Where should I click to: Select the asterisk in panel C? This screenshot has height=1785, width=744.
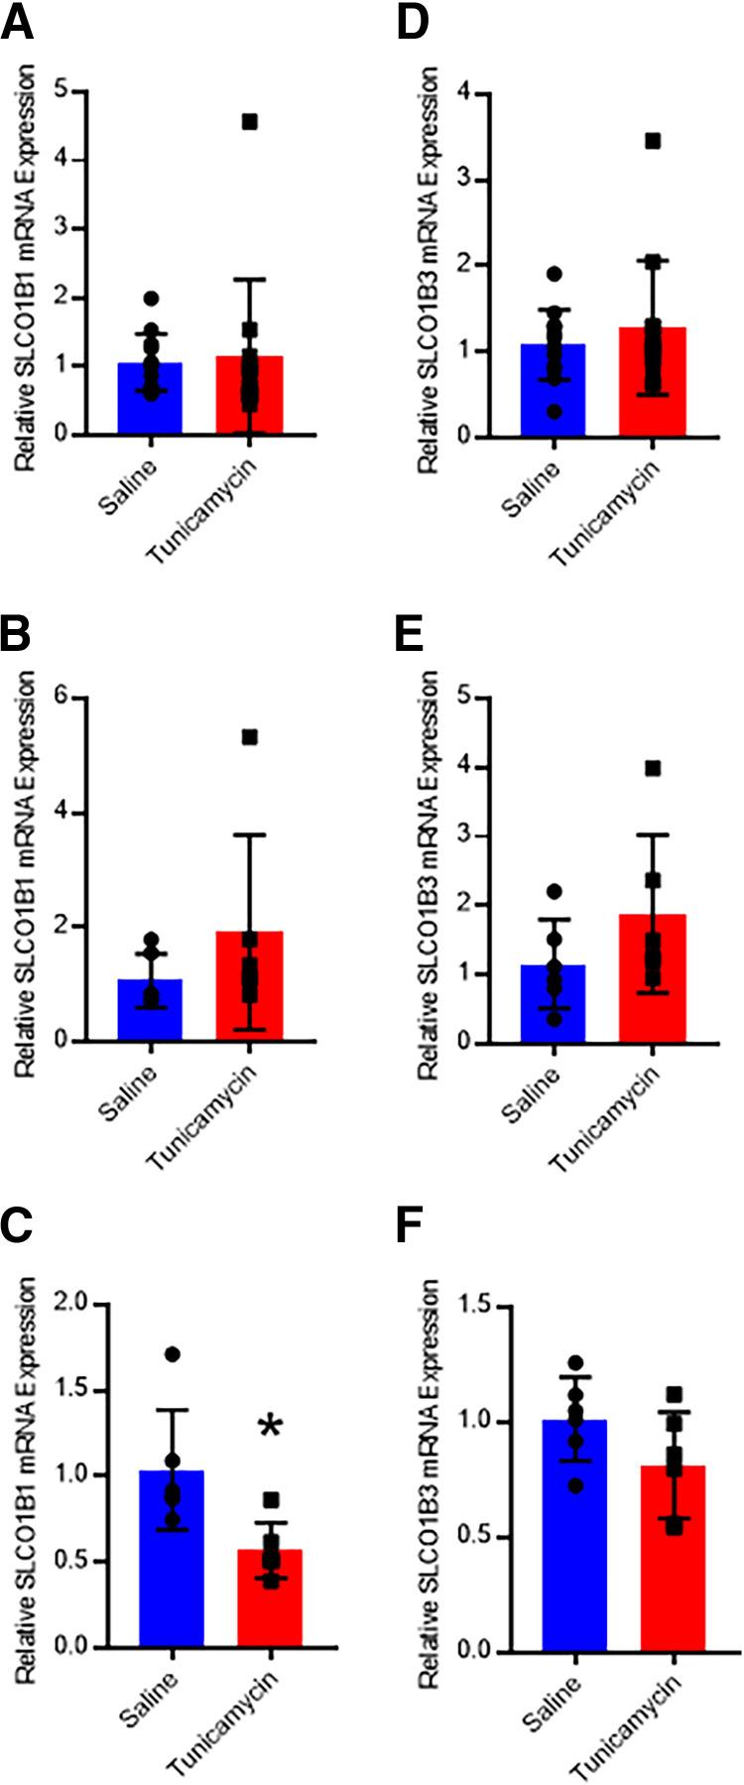pyautogui.click(x=270, y=1428)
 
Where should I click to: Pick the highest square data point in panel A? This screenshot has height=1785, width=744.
pyautogui.click(x=250, y=122)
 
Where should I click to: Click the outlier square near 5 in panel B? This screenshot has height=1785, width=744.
pyautogui.click(x=250, y=736)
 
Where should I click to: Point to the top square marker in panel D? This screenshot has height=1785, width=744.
pyautogui.click(x=653, y=141)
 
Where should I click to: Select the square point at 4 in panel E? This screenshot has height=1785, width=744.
pyautogui.click(x=653, y=768)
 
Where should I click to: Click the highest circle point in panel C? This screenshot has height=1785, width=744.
pyautogui.click(x=173, y=1354)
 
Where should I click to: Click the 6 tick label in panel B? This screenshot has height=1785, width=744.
pyautogui.click(x=62, y=698)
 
